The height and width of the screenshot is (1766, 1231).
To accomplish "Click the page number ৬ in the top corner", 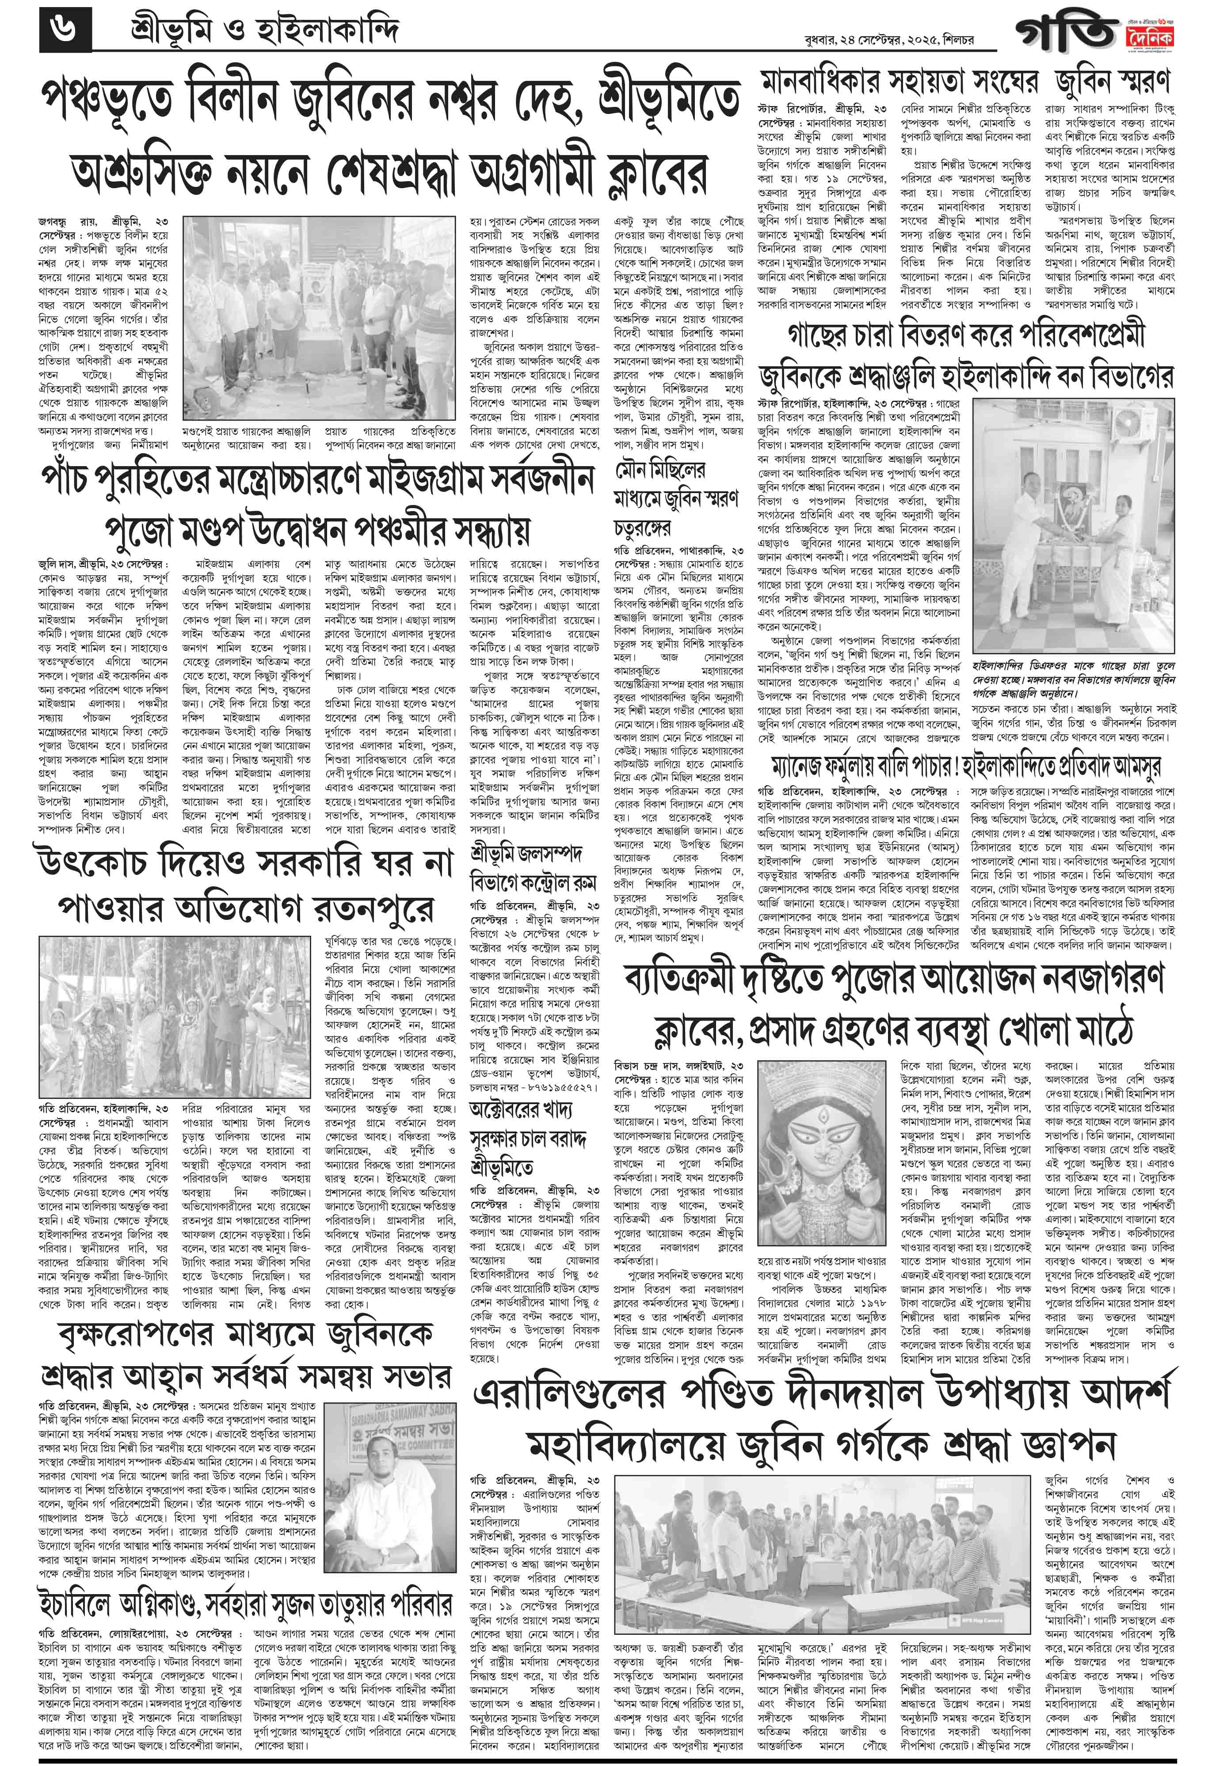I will (65, 32).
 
